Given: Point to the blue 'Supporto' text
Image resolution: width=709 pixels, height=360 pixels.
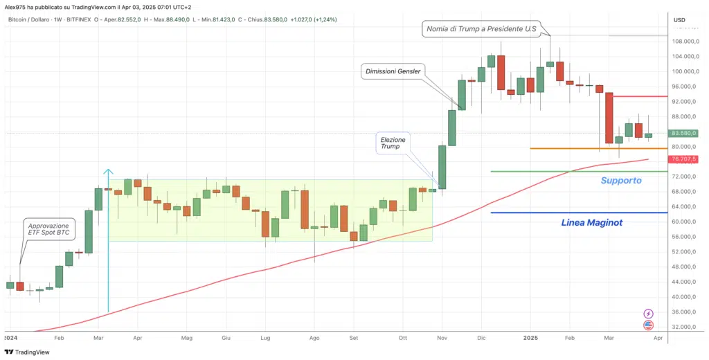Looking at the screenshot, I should [620, 180].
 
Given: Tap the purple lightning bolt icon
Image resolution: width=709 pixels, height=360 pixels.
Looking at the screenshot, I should [648, 314].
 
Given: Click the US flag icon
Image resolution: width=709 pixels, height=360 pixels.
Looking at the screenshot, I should [648, 325].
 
